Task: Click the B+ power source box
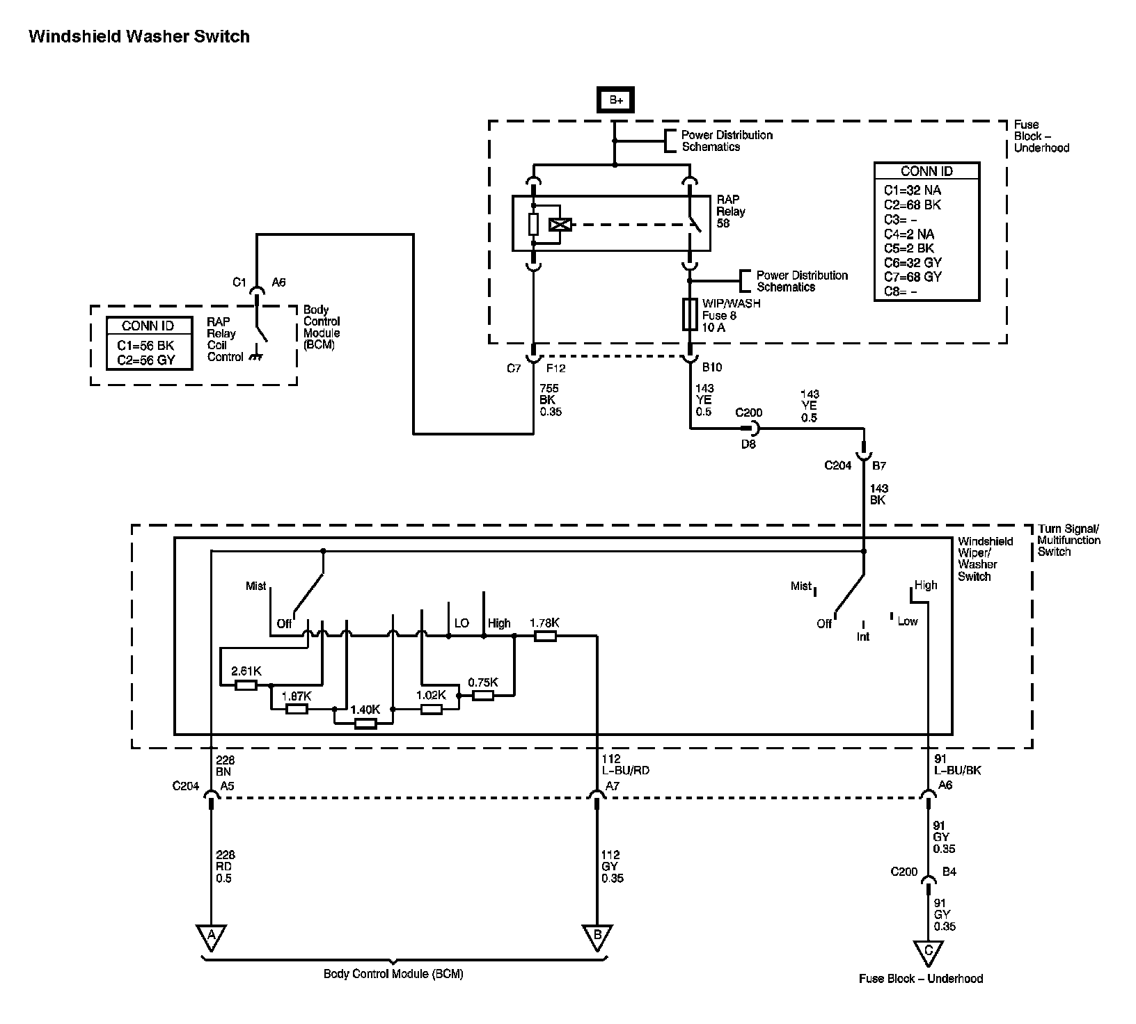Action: (x=616, y=100)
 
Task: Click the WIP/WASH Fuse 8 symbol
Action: (x=690, y=314)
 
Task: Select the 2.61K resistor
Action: (x=246, y=685)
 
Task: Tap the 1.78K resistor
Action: (x=545, y=635)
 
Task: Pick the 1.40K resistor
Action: (x=365, y=723)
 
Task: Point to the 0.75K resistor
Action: (x=483, y=695)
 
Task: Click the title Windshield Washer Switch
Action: (x=139, y=36)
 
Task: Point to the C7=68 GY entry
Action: (x=912, y=277)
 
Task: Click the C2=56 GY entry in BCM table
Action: (x=146, y=360)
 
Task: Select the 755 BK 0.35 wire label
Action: (x=550, y=400)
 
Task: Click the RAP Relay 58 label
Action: (x=731, y=211)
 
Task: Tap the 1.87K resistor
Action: (x=297, y=709)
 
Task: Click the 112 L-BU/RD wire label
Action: (x=626, y=765)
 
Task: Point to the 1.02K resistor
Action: (x=431, y=709)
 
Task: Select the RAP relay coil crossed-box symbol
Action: (x=560, y=225)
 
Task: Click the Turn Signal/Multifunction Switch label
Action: (x=1068, y=540)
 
